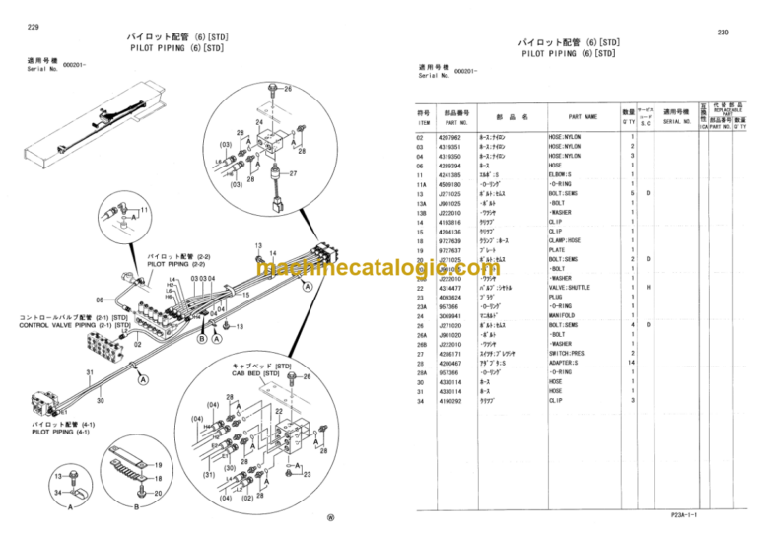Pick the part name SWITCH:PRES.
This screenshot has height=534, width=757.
tap(569, 353)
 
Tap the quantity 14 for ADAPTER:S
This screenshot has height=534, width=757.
tap(632, 363)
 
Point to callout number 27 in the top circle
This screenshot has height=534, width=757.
tap(292, 173)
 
